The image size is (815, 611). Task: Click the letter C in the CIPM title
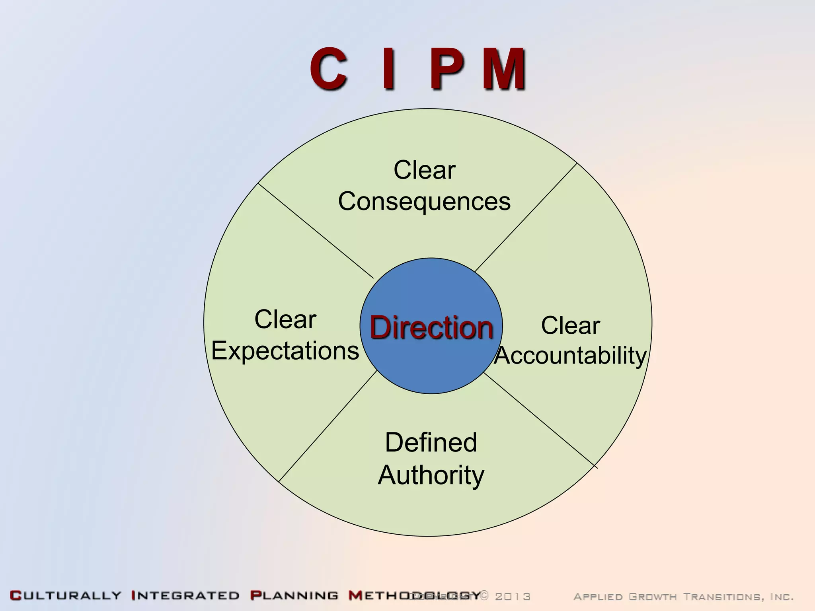click(x=329, y=68)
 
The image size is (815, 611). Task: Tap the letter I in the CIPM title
click(x=389, y=68)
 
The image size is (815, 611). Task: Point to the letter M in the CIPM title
click(x=505, y=68)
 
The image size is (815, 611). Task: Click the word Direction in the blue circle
click(x=431, y=327)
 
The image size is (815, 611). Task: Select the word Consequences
click(x=424, y=201)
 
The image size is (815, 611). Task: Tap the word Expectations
click(x=285, y=351)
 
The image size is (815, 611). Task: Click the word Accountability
click(x=571, y=355)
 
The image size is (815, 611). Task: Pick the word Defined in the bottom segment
click(x=431, y=442)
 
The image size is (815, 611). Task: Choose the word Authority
click(x=431, y=475)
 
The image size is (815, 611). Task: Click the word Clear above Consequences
click(x=424, y=170)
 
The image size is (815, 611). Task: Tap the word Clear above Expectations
click(x=285, y=319)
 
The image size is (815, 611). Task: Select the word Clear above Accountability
click(x=570, y=325)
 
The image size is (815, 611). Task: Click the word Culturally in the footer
click(x=66, y=596)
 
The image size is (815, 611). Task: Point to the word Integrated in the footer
click(x=185, y=596)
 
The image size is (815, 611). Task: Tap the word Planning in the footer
click(x=294, y=596)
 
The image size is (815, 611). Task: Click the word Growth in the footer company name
click(x=652, y=597)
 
